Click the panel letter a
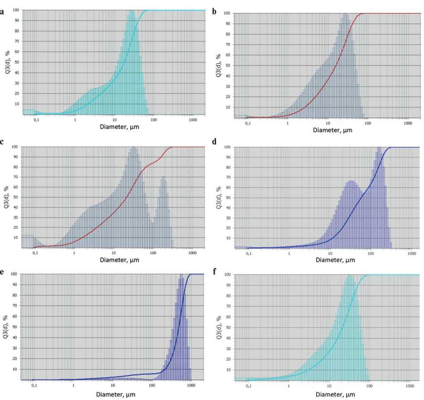[x=3, y=12]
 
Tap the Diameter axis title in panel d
[x=335, y=260]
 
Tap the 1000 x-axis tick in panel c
[x=191, y=252]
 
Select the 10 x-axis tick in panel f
[x=329, y=385]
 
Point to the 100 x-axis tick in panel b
[x=368, y=123]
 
